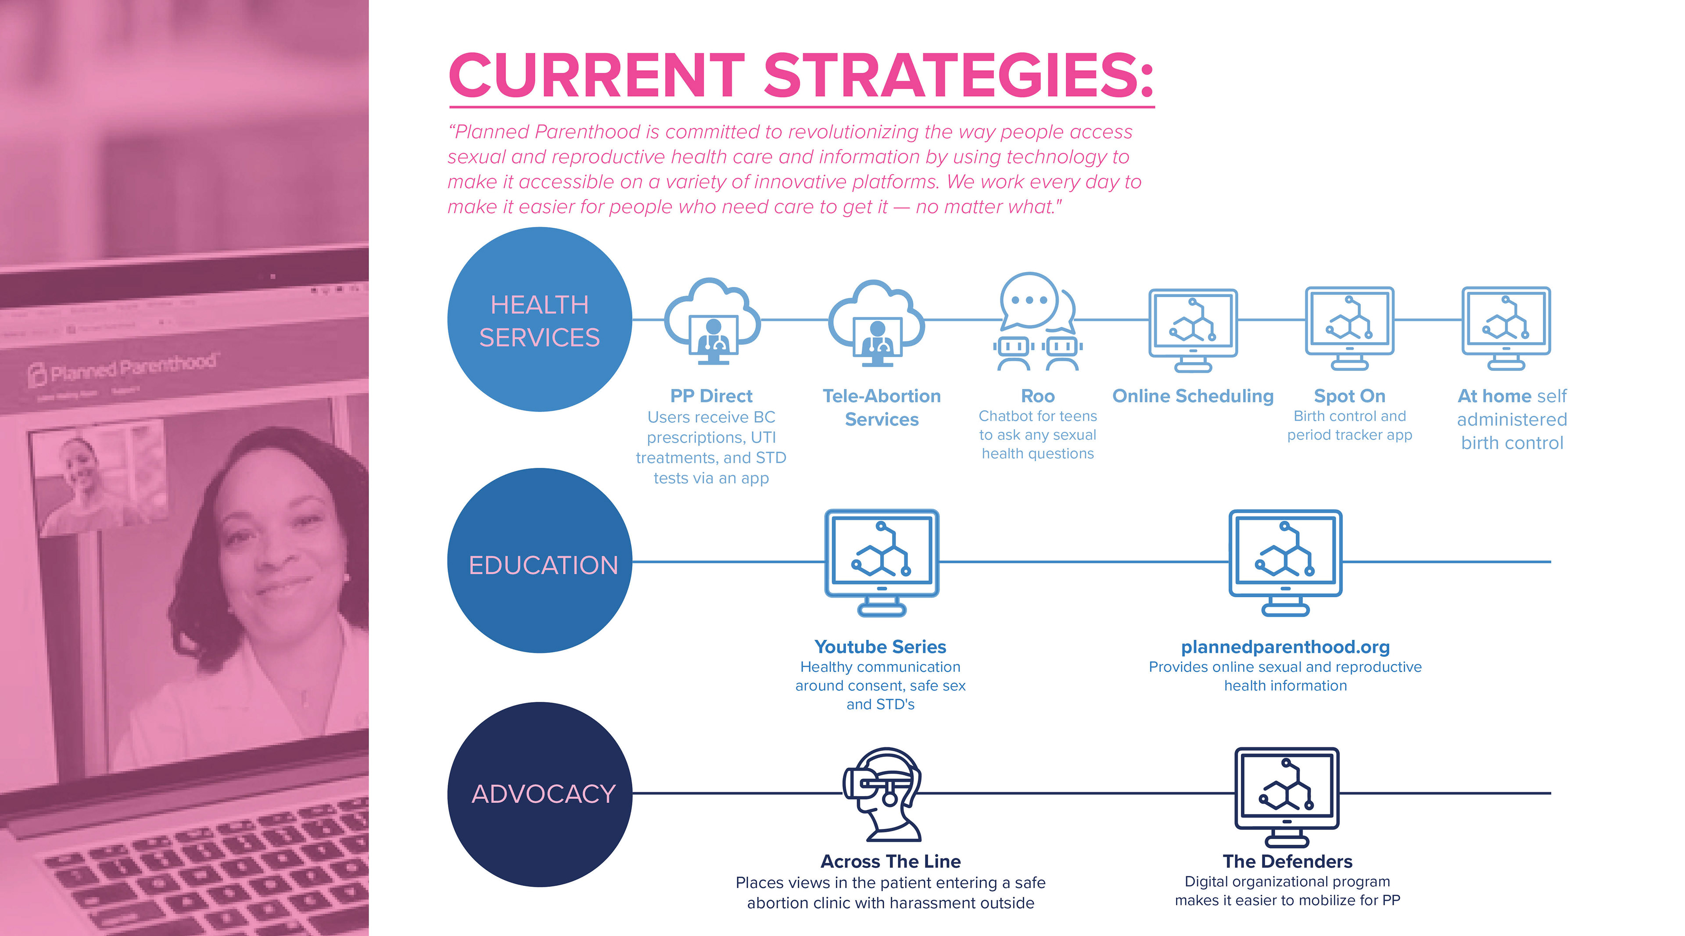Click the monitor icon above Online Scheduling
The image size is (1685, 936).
[1193, 330]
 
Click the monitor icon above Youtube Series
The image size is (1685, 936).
[882, 562]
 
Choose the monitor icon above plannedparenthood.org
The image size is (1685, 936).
[1285, 562]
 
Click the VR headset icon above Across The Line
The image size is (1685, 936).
[883, 794]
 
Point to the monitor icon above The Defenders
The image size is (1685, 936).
[1287, 797]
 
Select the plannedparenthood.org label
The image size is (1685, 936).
[1285, 647]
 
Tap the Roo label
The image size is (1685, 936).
[1037, 396]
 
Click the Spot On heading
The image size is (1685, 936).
[1349, 396]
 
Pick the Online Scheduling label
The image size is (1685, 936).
[1193, 396]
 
